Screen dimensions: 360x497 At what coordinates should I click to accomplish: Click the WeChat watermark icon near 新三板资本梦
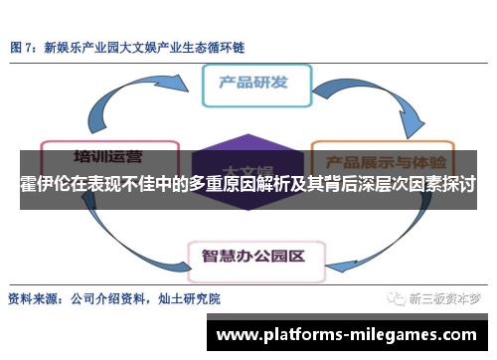(x=397, y=297)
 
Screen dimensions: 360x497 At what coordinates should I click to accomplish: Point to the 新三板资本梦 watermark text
(x=446, y=297)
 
